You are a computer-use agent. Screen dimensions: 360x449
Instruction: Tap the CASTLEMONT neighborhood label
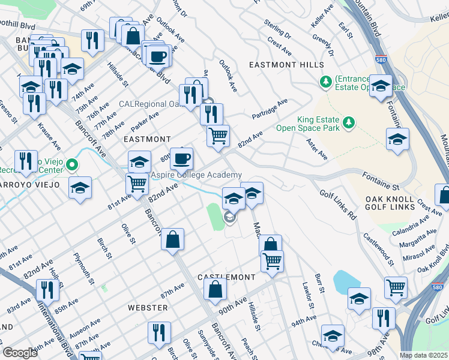point(229,278)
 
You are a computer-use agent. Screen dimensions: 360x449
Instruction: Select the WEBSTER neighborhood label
point(148,308)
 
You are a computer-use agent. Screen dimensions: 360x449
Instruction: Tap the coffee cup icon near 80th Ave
point(182,159)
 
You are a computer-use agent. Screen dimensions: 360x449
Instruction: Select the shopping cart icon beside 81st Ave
point(137,183)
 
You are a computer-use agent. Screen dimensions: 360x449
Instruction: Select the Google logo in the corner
point(20,353)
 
